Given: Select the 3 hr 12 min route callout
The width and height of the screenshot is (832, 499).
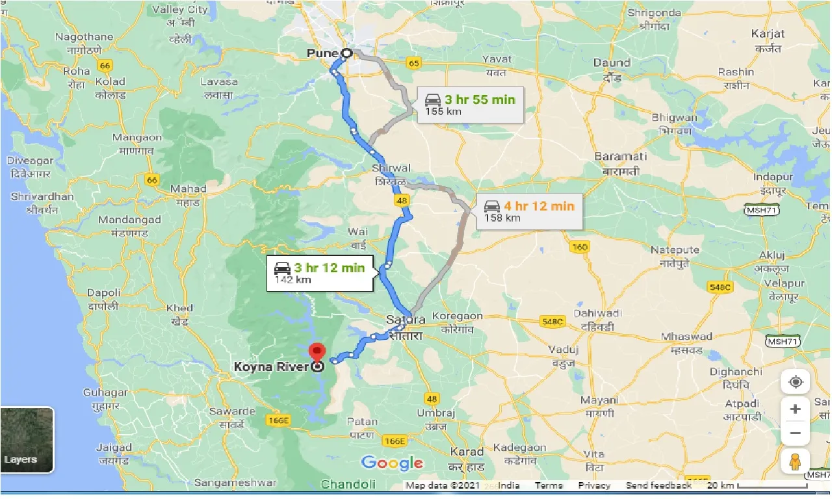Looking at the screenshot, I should (x=319, y=273).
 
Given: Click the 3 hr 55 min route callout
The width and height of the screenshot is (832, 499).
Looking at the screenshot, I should (x=469, y=105).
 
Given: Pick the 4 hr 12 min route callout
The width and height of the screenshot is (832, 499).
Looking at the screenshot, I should (x=529, y=211).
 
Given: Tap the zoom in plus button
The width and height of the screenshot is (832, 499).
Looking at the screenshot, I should (x=795, y=409).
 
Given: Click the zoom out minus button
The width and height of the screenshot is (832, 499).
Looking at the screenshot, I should (x=795, y=433).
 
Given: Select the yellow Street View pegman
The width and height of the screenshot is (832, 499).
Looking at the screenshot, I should (x=795, y=461).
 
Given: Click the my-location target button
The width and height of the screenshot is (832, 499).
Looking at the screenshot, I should (x=795, y=382).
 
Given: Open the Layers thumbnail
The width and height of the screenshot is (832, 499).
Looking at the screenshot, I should (x=27, y=440).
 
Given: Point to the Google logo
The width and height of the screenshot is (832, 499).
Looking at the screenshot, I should (x=392, y=463).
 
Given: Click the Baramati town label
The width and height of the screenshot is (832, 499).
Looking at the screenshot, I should (x=621, y=157).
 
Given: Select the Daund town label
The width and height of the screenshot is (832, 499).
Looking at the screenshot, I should (x=612, y=63).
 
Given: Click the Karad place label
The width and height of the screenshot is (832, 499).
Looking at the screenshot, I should (x=467, y=452).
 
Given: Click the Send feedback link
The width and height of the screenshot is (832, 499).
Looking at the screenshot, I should (x=658, y=485).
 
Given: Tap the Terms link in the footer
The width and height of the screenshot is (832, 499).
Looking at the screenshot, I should (x=549, y=485).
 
